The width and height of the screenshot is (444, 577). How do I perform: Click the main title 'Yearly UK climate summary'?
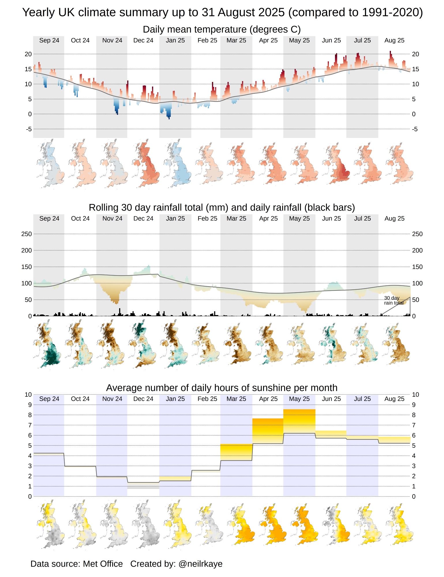222,12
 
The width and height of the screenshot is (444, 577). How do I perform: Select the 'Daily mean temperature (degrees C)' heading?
222,29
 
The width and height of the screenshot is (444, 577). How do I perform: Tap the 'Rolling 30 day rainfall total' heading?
222,207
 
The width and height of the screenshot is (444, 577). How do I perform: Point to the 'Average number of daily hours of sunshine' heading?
222,388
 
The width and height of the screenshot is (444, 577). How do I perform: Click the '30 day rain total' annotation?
394,300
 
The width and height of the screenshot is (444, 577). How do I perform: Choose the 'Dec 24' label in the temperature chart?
143,40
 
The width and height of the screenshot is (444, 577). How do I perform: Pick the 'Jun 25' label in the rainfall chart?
331,218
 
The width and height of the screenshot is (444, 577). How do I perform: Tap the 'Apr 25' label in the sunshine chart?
268,399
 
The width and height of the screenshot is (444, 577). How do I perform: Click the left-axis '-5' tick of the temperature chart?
29,129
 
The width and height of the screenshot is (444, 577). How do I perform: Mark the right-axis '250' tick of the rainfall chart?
417,234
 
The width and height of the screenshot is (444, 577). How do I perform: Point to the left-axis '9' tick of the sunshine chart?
30,405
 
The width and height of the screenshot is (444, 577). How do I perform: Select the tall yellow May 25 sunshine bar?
299,421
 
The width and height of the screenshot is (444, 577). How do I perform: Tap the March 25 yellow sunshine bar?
236,452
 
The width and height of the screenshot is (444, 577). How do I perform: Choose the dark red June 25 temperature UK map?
337,164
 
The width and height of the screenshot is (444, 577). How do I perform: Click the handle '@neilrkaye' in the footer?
201,564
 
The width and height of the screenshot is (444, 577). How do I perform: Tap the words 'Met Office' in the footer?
103,564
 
